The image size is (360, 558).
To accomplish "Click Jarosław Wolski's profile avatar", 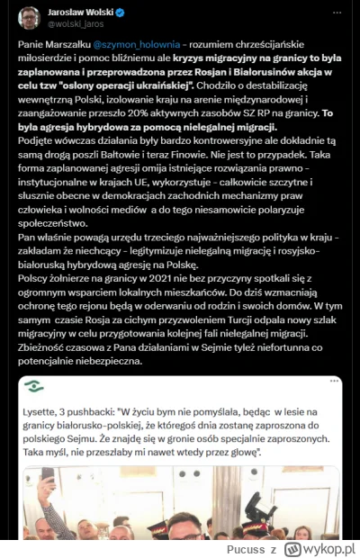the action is pyautogui.click(x=30, y=17).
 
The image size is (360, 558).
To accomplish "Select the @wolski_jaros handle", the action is pyautogui.click(x=77, y=23).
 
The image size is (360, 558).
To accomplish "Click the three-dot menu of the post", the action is pyautogui.click(x=338, y=14).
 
